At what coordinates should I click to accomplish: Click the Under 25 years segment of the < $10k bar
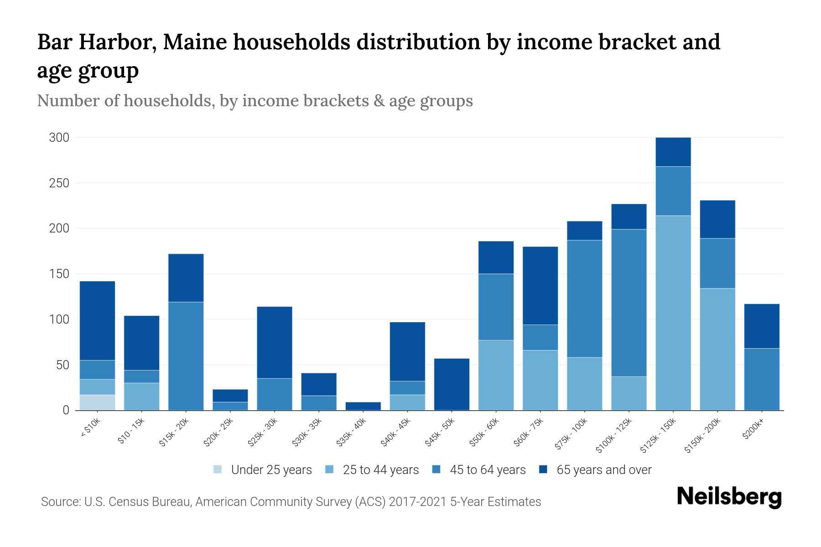pos(97,402)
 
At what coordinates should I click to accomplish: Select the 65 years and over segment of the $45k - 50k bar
pos(452,384)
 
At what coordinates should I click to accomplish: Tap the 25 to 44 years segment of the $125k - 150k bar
pos(673,313)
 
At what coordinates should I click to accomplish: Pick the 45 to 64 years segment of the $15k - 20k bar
pos(186,356)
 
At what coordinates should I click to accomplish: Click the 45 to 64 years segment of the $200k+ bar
pos(761,379)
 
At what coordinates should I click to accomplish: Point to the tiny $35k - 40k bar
pos(363,406)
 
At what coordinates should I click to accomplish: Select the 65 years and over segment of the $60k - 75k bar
pos(540,285)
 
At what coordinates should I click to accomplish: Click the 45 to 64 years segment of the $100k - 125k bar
pos(629,303)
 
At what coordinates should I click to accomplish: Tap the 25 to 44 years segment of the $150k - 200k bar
pos(717,349)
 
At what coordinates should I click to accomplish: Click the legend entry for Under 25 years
pos(263,470)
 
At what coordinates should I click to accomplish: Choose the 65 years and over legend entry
pos(595,470)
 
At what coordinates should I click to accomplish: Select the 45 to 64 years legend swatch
pos(436,470)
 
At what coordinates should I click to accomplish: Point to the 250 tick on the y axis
pos(59,183)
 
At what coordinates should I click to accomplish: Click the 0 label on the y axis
pos(66,410)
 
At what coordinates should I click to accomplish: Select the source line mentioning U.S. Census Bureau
pos(291,502)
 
